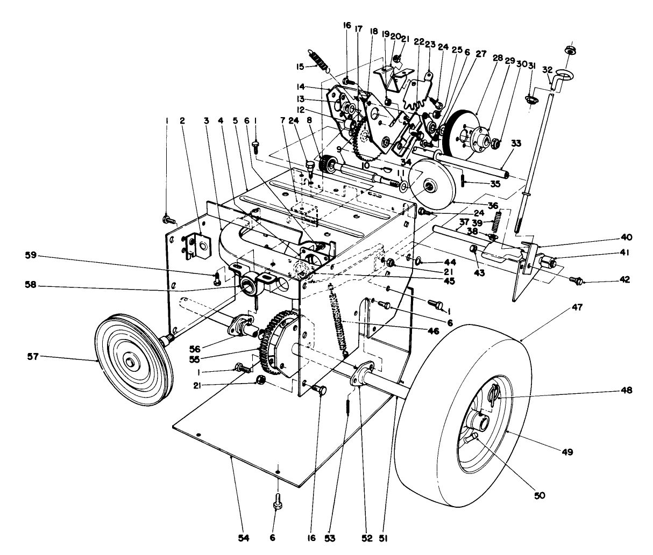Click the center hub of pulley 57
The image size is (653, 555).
click(130, 362)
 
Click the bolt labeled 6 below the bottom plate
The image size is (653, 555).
click(278, 505)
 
